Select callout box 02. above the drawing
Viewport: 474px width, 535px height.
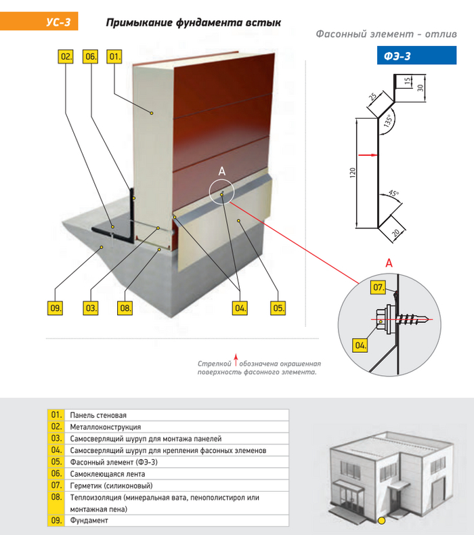point(66,57)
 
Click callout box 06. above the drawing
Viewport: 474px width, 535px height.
point(90,57)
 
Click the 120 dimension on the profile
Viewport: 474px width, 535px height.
point(352,173)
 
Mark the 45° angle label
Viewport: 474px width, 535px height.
point(393,194)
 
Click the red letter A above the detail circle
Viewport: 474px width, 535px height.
point(388,262)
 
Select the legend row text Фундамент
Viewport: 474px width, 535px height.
point(89,520)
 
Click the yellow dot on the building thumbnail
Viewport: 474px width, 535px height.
point(382,520)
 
